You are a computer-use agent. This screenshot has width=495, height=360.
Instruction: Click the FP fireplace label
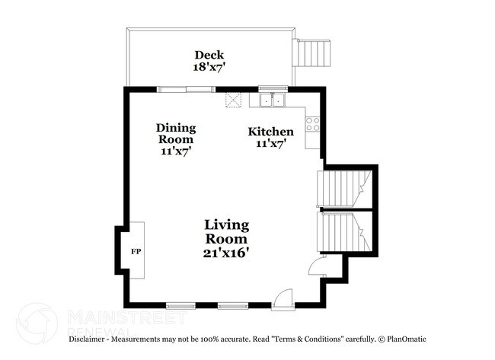(x=136, y=250)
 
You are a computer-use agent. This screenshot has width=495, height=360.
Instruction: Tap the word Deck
(x=209, y=55)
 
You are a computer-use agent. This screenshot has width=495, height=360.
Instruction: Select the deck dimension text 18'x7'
(x=209, y=67)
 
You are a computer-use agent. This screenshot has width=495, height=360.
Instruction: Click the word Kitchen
(x=270, y=132)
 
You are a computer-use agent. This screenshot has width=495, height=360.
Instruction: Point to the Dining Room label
(x=176, y=133)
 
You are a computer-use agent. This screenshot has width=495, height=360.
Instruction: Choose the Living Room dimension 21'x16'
(x=226, y=251)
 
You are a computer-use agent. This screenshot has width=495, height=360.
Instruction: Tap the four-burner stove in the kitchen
(x=312, y=123)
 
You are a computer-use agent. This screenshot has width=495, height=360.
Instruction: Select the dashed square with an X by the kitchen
(x=232, y=100)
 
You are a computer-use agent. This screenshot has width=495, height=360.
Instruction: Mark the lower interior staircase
(x=342, y=231)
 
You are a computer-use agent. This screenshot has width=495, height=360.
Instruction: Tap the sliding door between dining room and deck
(x=186, y=88)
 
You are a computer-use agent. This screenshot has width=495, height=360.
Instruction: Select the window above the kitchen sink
(x=270, y=88)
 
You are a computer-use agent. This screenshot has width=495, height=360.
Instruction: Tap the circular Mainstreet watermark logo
(x=37, y=323)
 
